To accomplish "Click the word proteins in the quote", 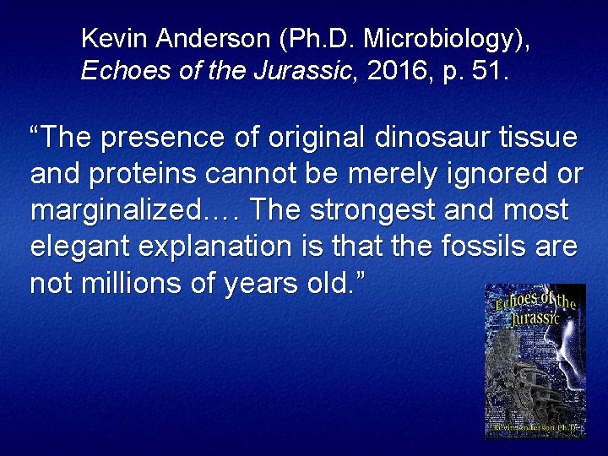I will pos(153,174).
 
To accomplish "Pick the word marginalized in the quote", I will pos(116,210).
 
